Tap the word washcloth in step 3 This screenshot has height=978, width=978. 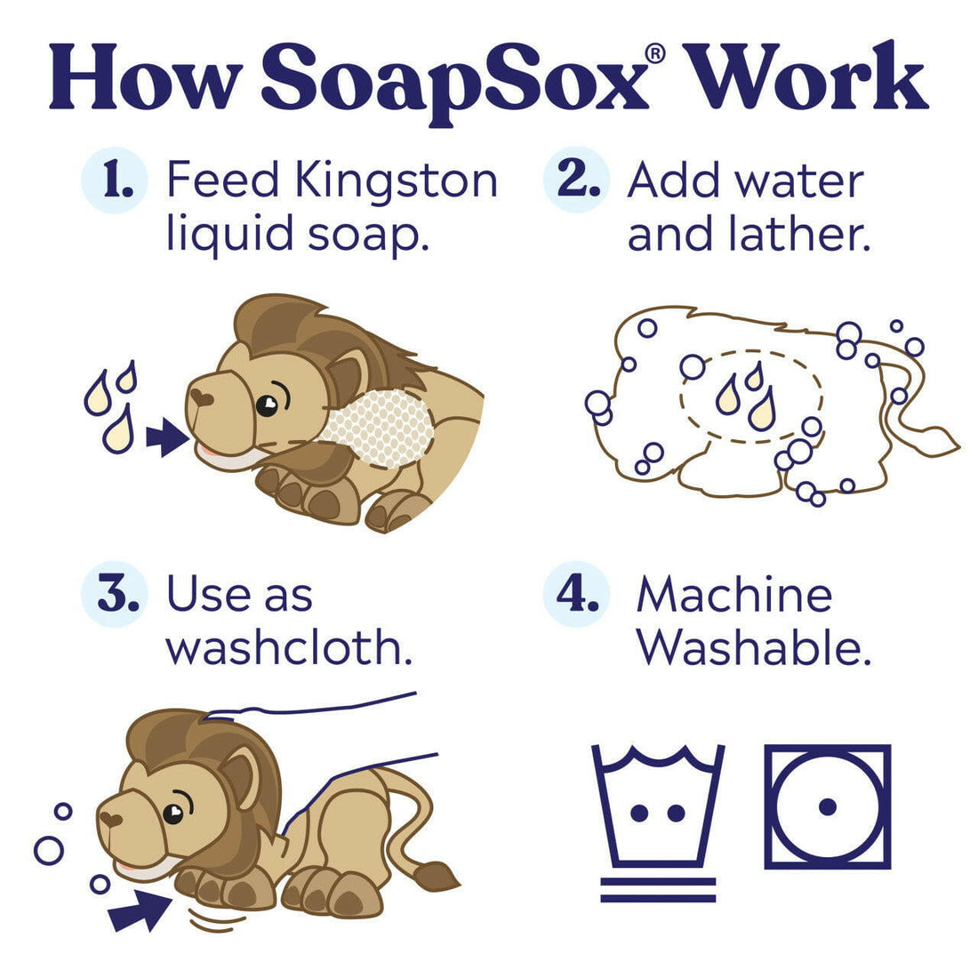pyautogui.click(x=290, y=648)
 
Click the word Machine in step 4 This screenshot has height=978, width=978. pyautogui.click(x=734, y=595)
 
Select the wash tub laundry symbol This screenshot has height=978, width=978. pyautogui.click(x=658, y=809)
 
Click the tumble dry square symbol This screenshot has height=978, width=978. pyautogui.click(x=828, y=806)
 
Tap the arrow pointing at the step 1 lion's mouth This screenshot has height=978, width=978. pyautogui.click(x=166, y=437)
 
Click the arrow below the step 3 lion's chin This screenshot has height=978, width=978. pyautogui.click(x=140, y=910)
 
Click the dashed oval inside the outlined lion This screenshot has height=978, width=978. pyautogui.click(x=751, y=396)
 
